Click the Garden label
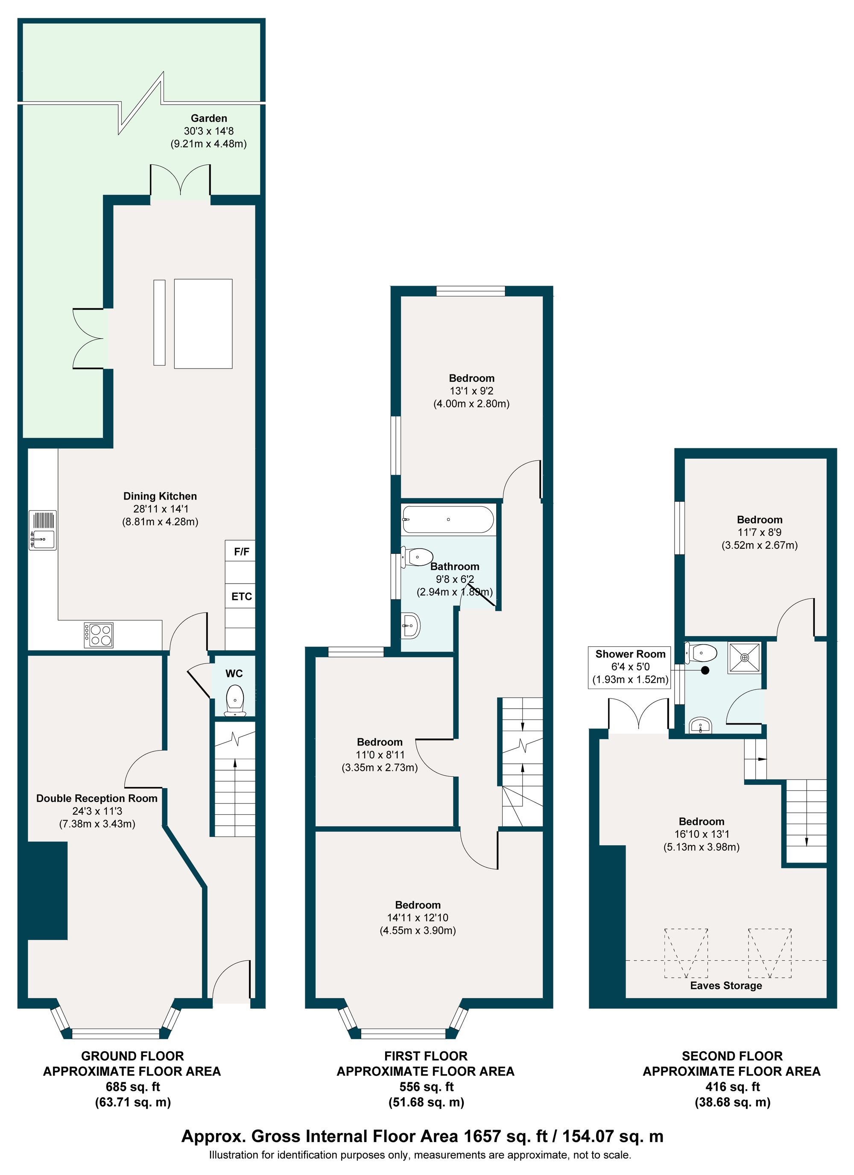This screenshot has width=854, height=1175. coord(209,118)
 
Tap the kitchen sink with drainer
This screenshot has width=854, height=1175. coord(43,530)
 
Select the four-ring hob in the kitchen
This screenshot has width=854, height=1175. coord(99,635)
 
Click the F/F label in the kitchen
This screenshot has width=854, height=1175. coord(242,552)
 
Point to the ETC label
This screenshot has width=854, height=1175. coord(242,596)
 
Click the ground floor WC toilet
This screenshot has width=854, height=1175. coord(235,700)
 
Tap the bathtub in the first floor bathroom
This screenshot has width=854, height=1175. coord(448,519)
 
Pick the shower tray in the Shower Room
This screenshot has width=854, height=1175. coord(745,658)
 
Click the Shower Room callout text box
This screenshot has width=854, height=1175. coord(630,667)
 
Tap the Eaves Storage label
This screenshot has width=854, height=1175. coord(726,985)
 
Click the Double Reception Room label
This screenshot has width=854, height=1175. coord(97,798)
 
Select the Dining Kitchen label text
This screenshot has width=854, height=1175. coord(160,496)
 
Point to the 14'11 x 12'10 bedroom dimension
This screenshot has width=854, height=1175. coord(418,918)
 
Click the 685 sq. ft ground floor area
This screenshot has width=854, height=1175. coord(133,1087)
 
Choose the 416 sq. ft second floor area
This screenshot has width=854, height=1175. coord(732,1087)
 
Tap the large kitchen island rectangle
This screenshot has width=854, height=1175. coord(203,324)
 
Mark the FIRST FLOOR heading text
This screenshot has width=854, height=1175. coord(426,1056)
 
